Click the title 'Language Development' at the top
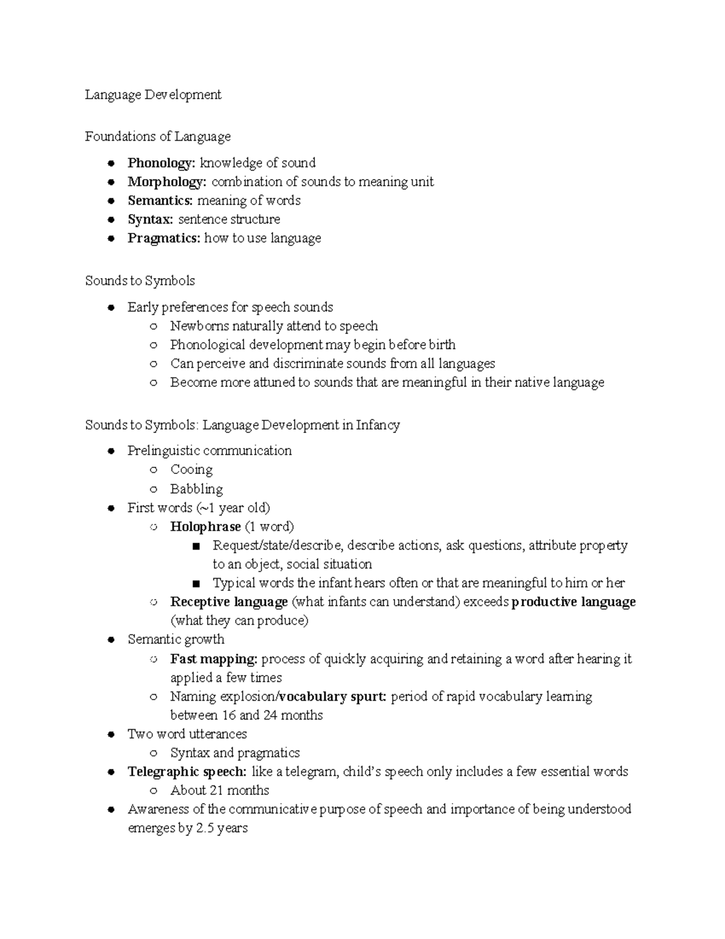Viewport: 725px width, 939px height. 153,95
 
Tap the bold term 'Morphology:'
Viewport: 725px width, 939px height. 167,182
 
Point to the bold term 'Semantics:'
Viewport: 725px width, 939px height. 160,201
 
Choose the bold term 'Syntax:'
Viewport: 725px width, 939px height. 150,219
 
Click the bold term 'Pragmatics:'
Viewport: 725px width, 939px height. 164,238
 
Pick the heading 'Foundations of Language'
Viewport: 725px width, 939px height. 158,137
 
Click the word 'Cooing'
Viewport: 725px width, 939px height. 192,470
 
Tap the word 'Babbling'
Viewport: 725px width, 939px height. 196,489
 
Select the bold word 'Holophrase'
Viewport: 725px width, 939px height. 205,527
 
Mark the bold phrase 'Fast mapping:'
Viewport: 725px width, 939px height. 214,659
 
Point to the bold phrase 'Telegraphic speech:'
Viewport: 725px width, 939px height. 187,772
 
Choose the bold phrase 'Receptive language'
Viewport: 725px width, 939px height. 229,602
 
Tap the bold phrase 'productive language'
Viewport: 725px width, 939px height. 573,602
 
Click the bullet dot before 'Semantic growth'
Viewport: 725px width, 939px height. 111,640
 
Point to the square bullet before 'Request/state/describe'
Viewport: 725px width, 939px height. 195,547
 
